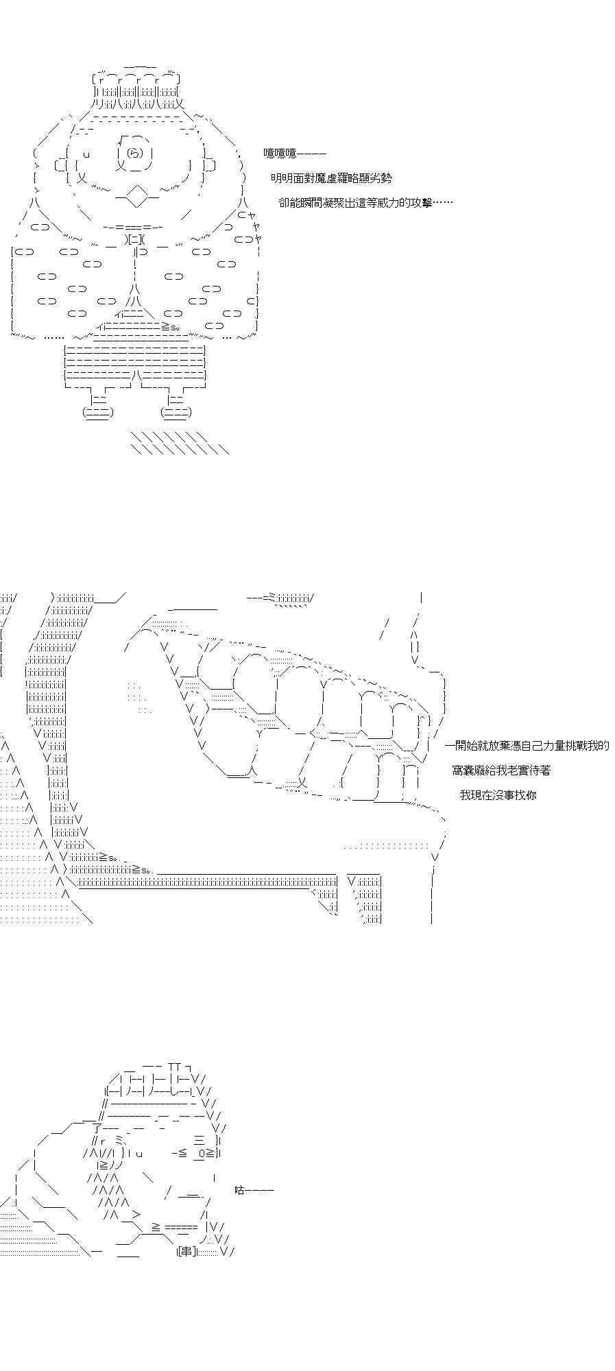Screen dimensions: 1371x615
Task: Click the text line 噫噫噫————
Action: (x=295, y=154)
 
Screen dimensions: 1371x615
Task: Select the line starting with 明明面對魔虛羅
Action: (x=331, y=178)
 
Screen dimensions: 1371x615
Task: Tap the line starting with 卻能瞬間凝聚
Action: (x=365, y=202)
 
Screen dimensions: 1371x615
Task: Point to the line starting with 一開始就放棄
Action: (x=527, y=746)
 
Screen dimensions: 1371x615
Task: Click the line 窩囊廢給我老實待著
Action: (x=501, y=771)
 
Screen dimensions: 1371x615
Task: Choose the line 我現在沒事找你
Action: (x=498, y=795)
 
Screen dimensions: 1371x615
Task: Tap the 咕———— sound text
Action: (x=254, y=1190)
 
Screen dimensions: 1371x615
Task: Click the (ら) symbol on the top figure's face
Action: (x=135, y=153)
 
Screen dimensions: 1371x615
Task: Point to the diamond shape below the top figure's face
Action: (x=138, y=197)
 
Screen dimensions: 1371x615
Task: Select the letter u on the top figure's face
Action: (x=86, y=155)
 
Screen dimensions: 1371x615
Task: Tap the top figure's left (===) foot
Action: (x=97, y=412)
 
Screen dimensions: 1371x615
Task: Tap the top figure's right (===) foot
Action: (x=176, y=412)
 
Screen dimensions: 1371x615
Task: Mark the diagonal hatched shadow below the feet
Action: (x=178, y=443)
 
